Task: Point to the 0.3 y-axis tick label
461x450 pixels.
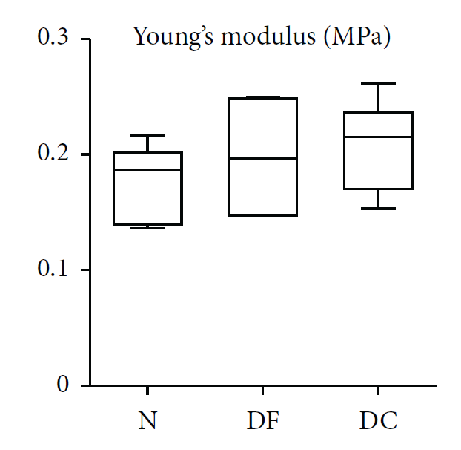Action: click(x=53, y=38)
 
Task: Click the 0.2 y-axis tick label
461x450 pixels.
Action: click(x=53, y=154)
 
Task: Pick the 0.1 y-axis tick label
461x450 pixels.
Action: click(x=53, y=270)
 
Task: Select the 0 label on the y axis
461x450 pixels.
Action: click(x=63, y=385)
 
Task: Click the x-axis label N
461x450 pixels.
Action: click(x=148, y=422)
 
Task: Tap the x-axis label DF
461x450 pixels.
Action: click(x=263, y=422)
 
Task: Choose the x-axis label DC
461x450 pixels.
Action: click(x=378, y=422)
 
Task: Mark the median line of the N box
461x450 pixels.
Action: click(x=148, y=169)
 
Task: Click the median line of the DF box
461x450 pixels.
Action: click(x=263, y=158)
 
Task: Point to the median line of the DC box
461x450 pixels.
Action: click(x=378, y=137)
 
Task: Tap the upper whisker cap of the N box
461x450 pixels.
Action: click(x=148, y=136)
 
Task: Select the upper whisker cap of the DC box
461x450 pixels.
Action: click(x=378, y=83)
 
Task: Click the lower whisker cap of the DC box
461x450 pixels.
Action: click(x=378, y=209)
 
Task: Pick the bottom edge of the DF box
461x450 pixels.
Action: click(x=263, y=215)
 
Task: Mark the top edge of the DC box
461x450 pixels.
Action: click(x=378, y=113)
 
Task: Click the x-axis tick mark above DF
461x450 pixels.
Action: click(x=263, y=390)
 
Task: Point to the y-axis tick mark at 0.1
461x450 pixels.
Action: click(x=85, y=270)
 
